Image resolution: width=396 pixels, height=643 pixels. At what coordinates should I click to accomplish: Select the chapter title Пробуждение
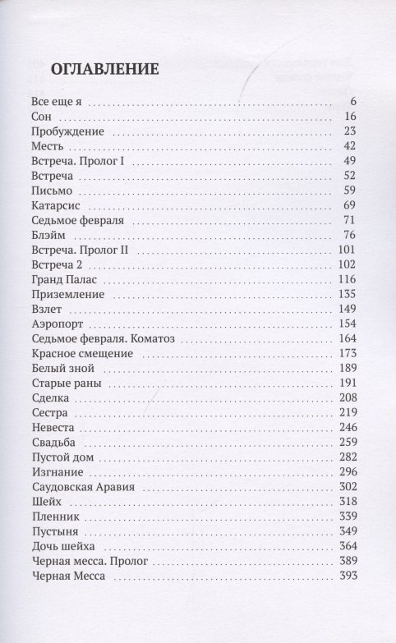pos(66,132)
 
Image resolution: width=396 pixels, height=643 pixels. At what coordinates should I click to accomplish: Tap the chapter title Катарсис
pos(55,204)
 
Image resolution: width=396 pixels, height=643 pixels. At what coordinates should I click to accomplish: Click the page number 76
pos(346,235)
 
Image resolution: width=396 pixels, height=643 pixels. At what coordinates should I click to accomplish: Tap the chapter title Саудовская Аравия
pos(82,489)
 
